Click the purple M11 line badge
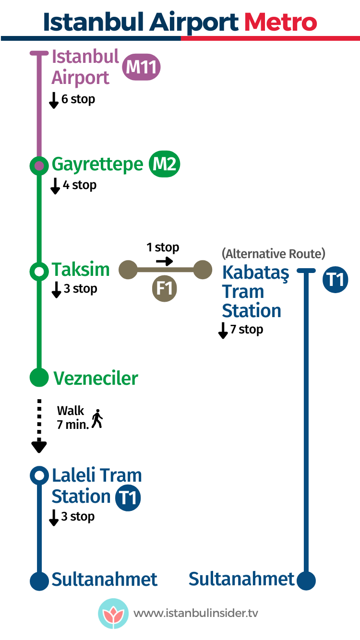tap(141, 68)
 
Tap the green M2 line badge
tap(164, 165)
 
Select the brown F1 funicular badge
tap(165, 289)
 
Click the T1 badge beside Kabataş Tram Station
tap(335, 280)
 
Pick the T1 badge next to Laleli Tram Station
tap(128, 498)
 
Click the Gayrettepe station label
tap(97, 165)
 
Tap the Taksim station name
tap(81, 270)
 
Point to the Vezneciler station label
tap(96, 378)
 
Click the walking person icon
tap(97, 419)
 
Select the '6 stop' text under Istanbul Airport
tap(78, 99)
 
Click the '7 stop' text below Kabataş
tap(247, 330)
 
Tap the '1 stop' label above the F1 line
tap(163, 248)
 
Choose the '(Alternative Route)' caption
tap(274, 253)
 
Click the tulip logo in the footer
tap(113, 613)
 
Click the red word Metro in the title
tap(281, 22)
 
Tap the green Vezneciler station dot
tap(39, 378)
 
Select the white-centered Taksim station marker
tap(39, 271)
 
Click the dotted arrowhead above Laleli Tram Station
tap(39, 447)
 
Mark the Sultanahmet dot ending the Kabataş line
tap(306, 580)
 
